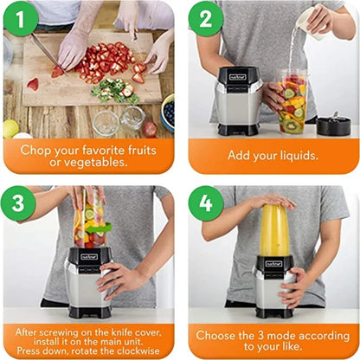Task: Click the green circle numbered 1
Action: (21, 19)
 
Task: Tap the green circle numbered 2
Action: (206, 19)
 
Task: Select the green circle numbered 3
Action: (18, 203)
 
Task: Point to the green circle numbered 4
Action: (206, 203)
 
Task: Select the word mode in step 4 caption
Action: (280, 336)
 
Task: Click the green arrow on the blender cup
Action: (100, 228)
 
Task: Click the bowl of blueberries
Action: (168, 112)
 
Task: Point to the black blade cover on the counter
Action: (334, 125)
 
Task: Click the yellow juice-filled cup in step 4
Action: (275, 230)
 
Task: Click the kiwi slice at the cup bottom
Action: (292, 126)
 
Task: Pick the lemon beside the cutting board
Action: (10, 128)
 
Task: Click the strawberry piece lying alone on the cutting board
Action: (33, 84)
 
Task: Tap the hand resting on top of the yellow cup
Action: (273, 200)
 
